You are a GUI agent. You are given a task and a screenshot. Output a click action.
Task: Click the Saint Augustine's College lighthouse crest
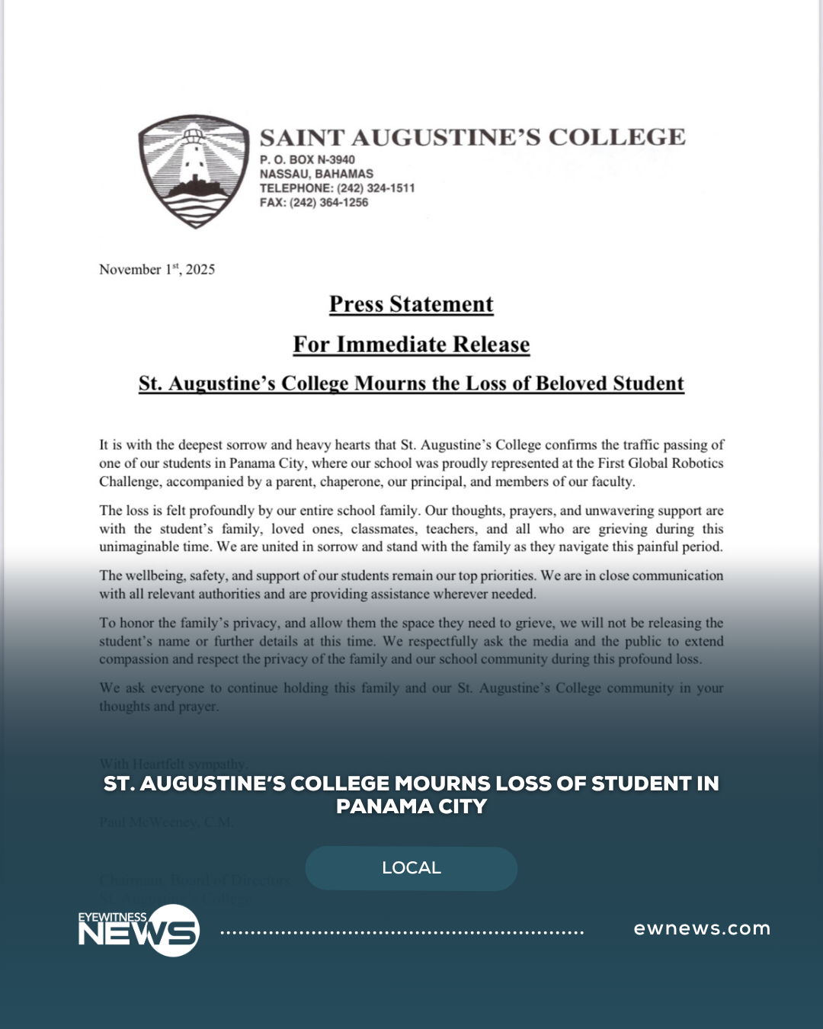point(194,171)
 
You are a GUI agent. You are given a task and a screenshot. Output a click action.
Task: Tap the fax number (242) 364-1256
point(328,203)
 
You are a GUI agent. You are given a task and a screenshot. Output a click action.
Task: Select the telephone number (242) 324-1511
point(376,188)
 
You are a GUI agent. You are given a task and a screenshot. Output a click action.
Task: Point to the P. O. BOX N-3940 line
point(307,159)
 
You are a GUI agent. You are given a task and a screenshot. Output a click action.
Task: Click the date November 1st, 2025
point(157,269)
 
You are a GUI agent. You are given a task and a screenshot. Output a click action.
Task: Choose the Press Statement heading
point(411,304)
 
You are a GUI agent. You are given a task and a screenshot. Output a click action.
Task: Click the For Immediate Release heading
point(411,345)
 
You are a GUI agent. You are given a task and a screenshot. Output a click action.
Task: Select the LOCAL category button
point(411,868)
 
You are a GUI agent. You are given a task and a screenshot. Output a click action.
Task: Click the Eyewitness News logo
point(139,930)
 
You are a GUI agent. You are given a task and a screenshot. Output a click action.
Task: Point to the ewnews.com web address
point(702,928)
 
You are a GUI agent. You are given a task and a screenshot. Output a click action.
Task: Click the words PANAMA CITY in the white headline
point(411,806)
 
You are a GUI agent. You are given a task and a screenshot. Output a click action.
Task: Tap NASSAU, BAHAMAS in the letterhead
point(316,174)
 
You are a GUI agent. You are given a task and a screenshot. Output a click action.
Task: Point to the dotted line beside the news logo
point(402,932)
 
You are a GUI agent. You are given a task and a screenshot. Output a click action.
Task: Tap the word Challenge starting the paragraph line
point(129,482)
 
